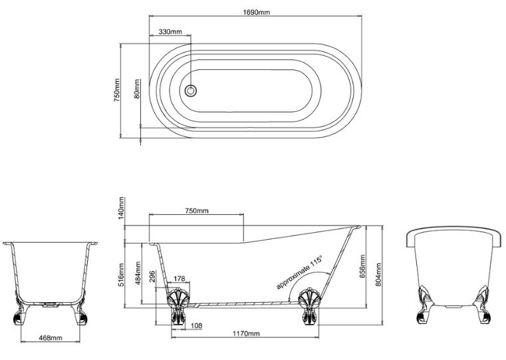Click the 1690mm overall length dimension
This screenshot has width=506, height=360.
(256, 12)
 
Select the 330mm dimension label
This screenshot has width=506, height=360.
(170, 32)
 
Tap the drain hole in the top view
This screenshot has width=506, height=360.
(190, 90)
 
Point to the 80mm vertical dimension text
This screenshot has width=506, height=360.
(137, 89)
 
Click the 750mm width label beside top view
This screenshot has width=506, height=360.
(116, 90)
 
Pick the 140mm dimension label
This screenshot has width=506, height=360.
(121, 208)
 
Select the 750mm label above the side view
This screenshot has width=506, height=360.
(197, 211)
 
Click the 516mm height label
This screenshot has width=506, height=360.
(121, 275)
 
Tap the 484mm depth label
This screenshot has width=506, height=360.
(138, 273)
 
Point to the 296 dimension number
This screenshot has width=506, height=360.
(153, 277)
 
